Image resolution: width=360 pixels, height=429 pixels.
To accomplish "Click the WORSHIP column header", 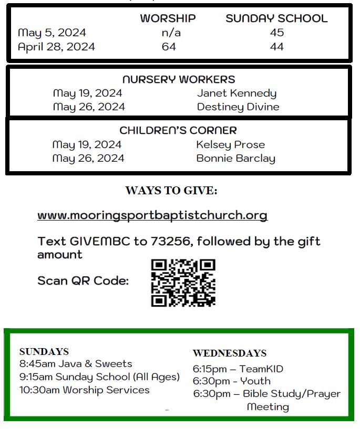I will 168,18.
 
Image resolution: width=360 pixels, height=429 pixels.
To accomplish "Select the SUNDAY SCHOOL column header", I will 276,18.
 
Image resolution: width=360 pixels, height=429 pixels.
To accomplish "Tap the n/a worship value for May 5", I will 168,33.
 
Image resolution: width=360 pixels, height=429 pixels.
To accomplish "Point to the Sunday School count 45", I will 276,33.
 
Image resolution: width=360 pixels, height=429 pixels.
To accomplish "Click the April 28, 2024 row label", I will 56,47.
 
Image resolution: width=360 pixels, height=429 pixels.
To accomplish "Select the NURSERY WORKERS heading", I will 179,80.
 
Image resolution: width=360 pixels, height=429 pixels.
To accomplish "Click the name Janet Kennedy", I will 236,93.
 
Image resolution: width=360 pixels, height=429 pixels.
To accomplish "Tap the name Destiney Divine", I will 238,107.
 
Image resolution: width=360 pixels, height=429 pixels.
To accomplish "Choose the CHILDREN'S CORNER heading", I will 178,130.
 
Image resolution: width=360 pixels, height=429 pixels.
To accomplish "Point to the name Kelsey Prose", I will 230,144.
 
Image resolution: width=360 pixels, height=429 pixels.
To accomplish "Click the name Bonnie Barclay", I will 235,158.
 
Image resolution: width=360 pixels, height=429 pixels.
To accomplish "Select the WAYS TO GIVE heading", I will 171,191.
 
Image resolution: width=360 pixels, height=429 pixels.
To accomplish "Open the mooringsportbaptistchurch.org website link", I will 152,215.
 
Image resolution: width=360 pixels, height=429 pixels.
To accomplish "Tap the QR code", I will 183,283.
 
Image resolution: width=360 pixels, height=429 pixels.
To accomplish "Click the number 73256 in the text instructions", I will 169,242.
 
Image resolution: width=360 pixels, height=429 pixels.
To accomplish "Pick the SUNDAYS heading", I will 44,352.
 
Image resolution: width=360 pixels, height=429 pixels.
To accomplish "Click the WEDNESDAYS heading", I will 230,353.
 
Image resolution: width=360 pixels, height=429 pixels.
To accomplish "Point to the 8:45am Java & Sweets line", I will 76,364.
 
